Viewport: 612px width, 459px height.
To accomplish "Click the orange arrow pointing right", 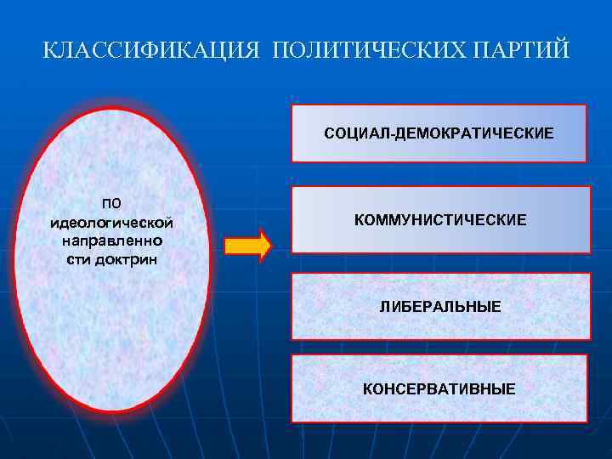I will [x=246, y=246].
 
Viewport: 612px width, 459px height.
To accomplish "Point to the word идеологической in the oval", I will [x=112, y=223].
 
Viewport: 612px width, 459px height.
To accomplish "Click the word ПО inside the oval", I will [x=112, y=204].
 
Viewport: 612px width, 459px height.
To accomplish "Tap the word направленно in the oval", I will [x=112, y=241].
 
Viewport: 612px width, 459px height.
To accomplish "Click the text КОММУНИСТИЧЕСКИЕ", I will [x=440, y=220].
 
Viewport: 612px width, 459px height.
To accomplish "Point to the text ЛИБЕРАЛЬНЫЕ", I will [x=440, y=305].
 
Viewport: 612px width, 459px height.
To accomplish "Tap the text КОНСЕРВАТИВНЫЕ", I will [x=439, y=389].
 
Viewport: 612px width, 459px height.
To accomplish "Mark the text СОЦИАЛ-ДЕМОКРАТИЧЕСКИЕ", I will [x=439, y=133].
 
